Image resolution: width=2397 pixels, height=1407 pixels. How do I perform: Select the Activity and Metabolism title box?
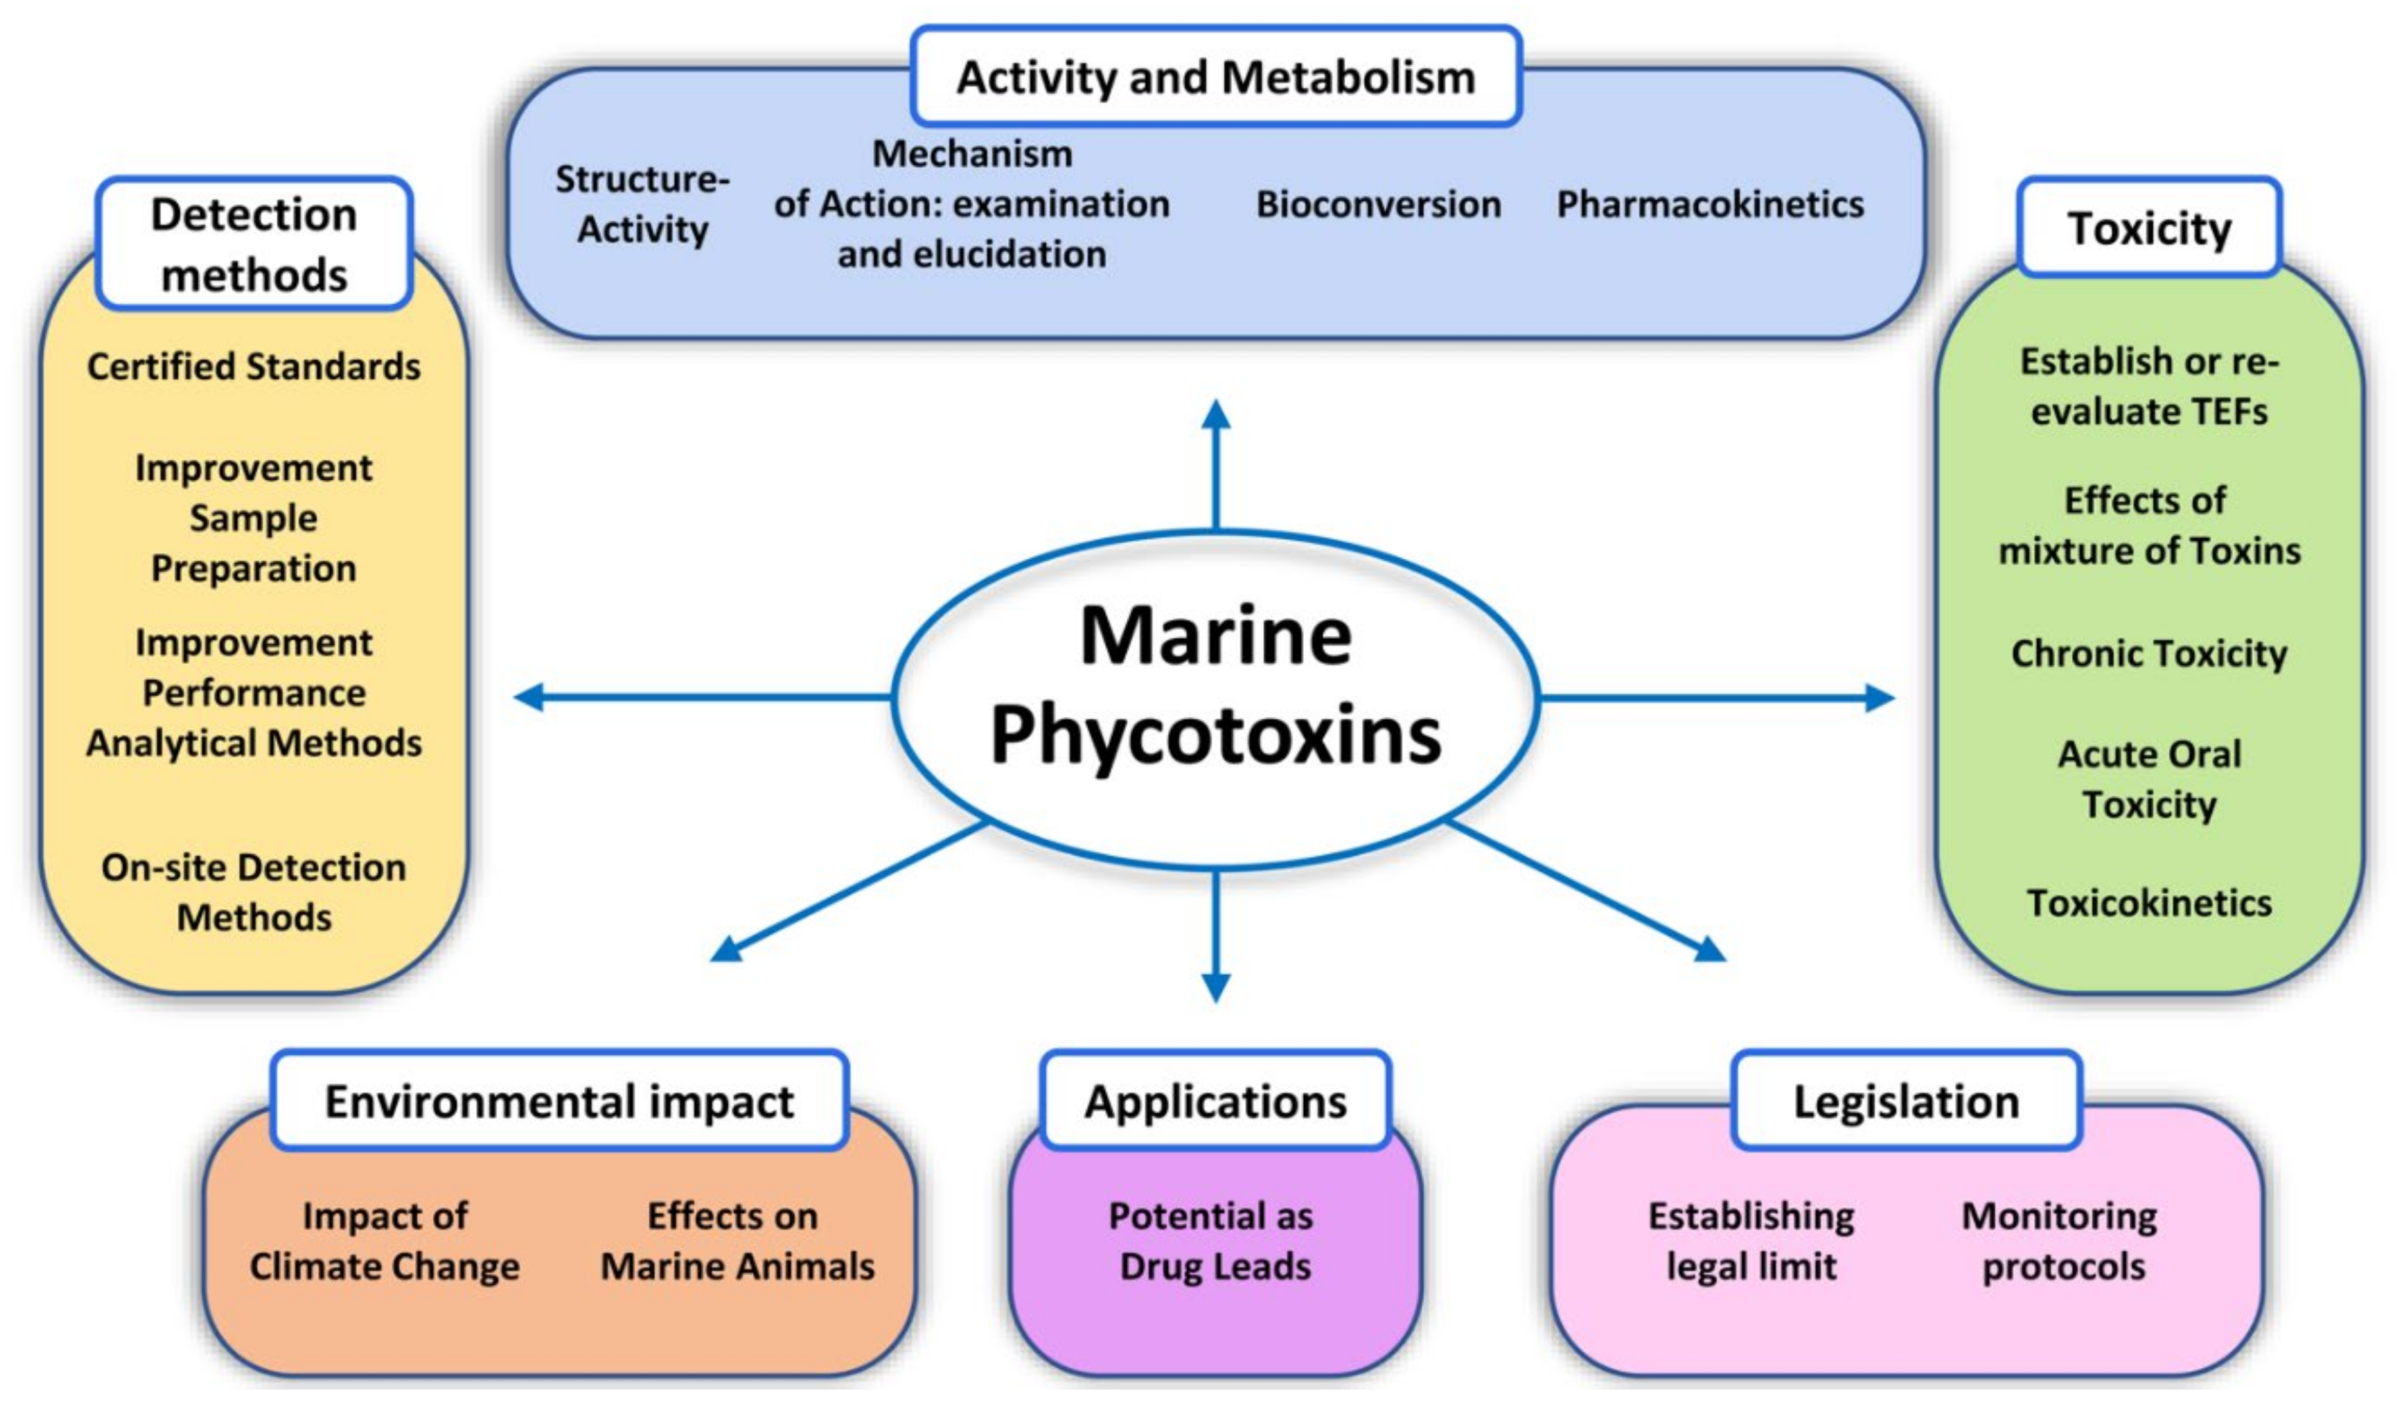1215,77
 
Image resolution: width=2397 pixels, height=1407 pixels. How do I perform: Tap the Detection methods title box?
254,244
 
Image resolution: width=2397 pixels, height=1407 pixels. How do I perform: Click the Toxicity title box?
2149,229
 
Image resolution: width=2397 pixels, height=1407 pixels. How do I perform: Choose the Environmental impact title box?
559,1101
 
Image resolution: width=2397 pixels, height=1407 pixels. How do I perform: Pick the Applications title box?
1215,1101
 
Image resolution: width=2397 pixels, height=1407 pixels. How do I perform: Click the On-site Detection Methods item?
254,893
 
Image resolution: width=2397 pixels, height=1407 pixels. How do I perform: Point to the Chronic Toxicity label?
2149,653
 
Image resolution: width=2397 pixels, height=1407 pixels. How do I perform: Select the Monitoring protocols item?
2060,1240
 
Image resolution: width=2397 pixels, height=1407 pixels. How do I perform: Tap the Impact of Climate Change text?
385,1240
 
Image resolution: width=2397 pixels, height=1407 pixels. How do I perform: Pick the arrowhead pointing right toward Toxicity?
1879,698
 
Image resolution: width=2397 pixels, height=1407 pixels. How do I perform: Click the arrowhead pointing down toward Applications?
1216,987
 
